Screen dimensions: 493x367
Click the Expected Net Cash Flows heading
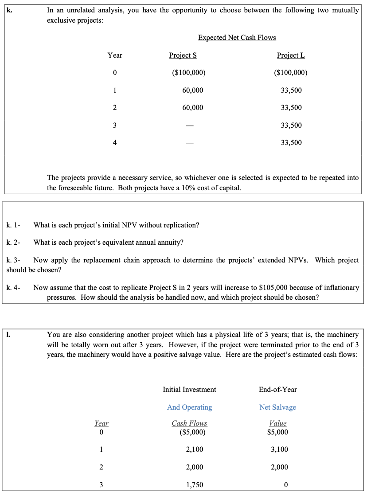[237, 38]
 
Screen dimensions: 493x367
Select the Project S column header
[183, 55]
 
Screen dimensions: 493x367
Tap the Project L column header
[291, 55]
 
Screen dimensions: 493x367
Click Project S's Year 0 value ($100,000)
[187, 73]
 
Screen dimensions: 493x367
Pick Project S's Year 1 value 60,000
[193, 90]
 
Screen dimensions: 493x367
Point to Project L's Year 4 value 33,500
[291, 143]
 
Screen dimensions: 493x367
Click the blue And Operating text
[189, 407]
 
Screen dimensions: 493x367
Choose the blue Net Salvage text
[277, 407]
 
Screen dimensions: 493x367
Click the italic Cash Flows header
[189, 423]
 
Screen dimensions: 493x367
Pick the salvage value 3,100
[279, 450]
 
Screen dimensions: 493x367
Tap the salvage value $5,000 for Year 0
[278, 432]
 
